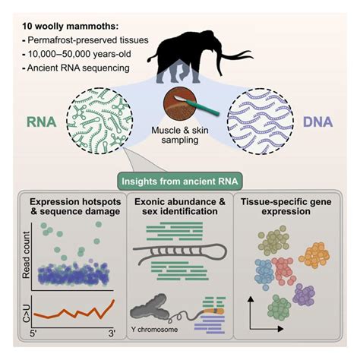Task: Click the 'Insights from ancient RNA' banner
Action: pos(179,180)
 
